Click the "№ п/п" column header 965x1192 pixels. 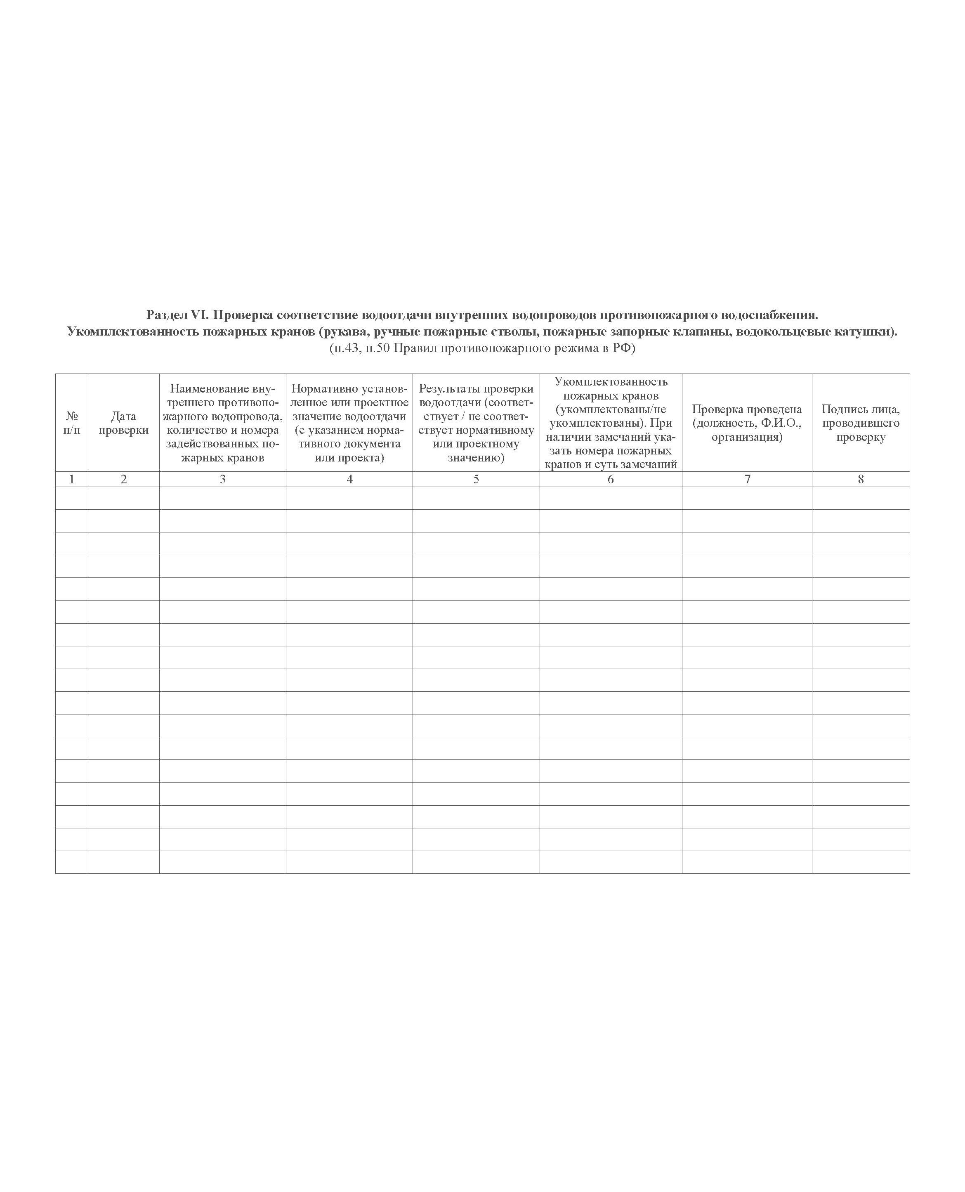click(x=72, y=423)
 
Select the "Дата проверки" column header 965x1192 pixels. click(x=123, y=423)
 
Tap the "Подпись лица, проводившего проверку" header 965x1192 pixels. click(x=861, y=423)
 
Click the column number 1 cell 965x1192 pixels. click(x=72, y=479)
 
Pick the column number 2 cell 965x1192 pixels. click(x=123, y=479)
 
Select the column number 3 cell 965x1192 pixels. click(x=222, y=479)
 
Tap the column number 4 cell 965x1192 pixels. click(x=349, y=479)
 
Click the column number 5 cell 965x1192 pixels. click(x=476, y=479)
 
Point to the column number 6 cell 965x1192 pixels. click(x=610, y=479)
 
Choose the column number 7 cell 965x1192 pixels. click(x=747, y=479)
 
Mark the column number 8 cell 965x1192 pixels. click(x=861, y=479)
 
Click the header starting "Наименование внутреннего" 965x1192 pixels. click(x=222, y=423)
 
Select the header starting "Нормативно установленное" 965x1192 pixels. click(x=349, y=423)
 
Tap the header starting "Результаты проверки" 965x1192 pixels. click(x=476, y=423)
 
